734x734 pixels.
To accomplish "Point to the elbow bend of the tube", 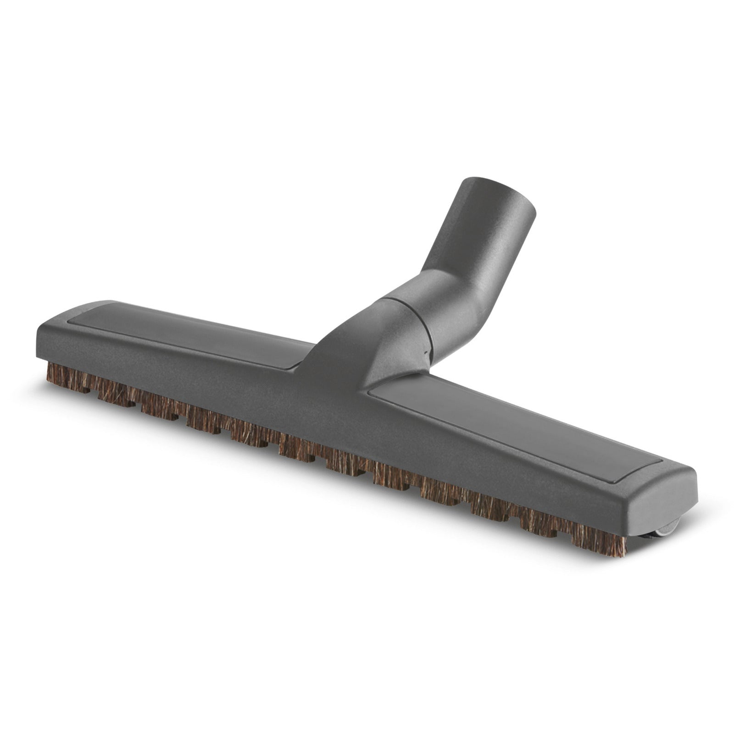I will coord(452,294).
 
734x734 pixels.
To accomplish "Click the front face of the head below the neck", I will coord(330,413).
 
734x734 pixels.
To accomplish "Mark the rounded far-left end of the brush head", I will coord(44,339).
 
